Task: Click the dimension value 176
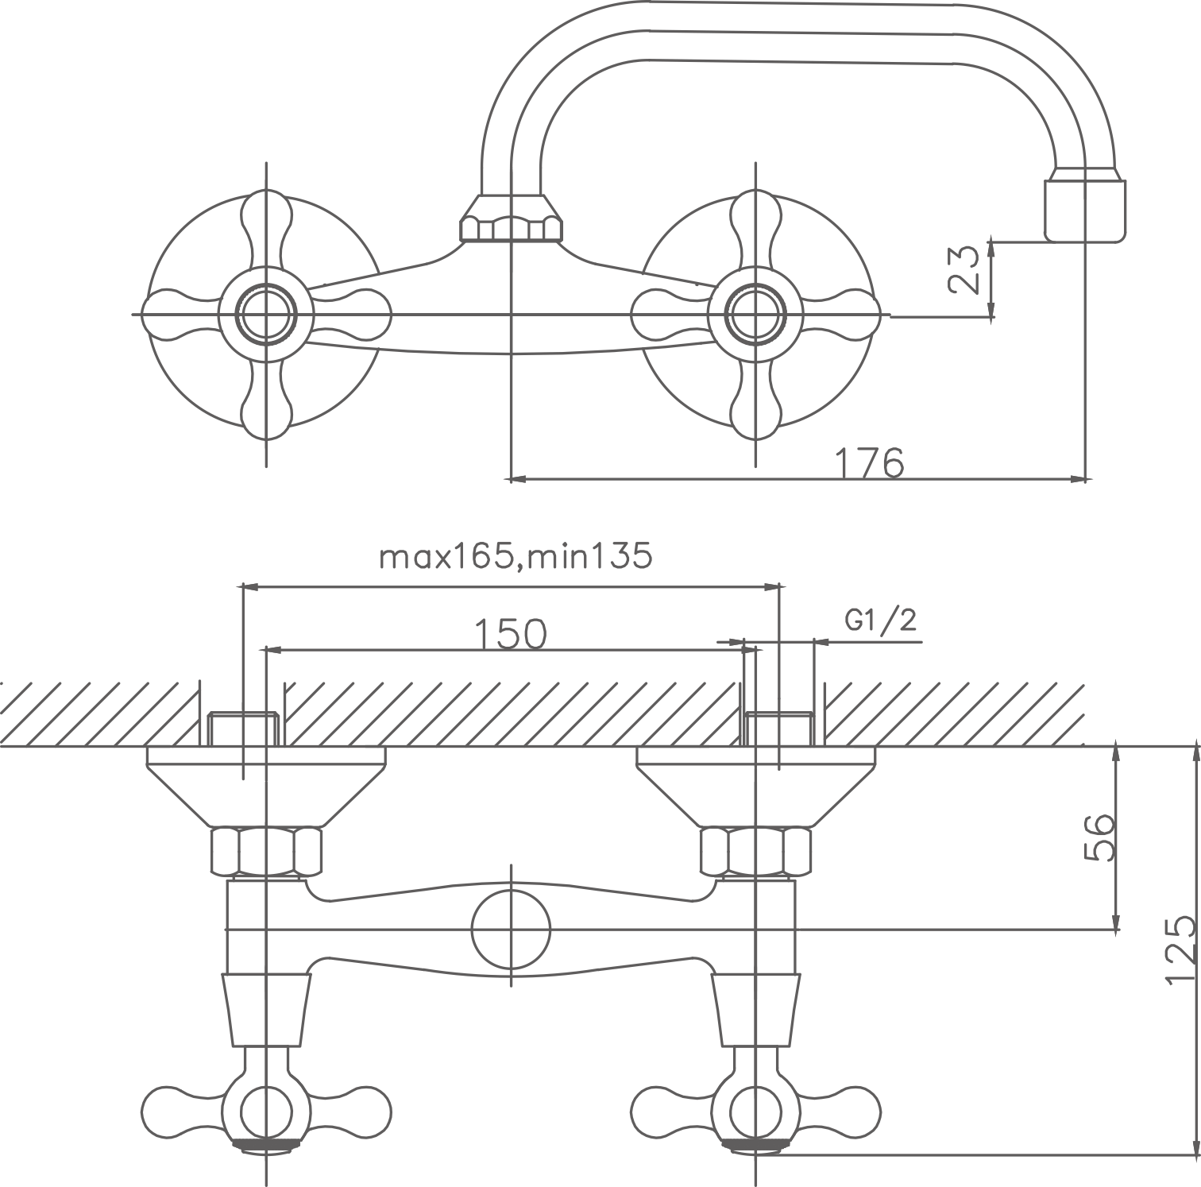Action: tap(870, 462)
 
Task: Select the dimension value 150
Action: tap(511, 633)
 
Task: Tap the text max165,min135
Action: tap(516, 557)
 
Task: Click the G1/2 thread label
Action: tap(880, 619)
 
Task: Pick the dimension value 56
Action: tap(1099, 836)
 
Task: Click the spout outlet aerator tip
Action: tap(1086, 208)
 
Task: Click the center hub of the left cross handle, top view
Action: tap(266, 315)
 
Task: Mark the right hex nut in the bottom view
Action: tap(755, 851)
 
